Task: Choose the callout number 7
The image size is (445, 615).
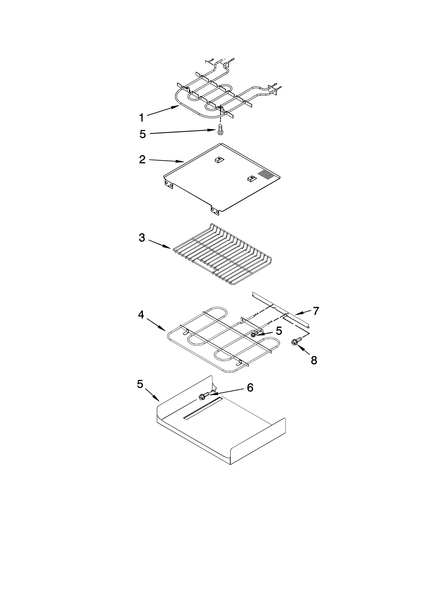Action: [316, 311]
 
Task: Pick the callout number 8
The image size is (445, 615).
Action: [314, 360]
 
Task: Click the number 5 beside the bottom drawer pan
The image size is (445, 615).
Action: [140, 384]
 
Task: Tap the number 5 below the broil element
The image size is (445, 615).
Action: [143, 134]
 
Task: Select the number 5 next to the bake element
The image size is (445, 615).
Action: [279, 331]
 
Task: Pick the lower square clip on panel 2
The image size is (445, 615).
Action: [251, 178]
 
